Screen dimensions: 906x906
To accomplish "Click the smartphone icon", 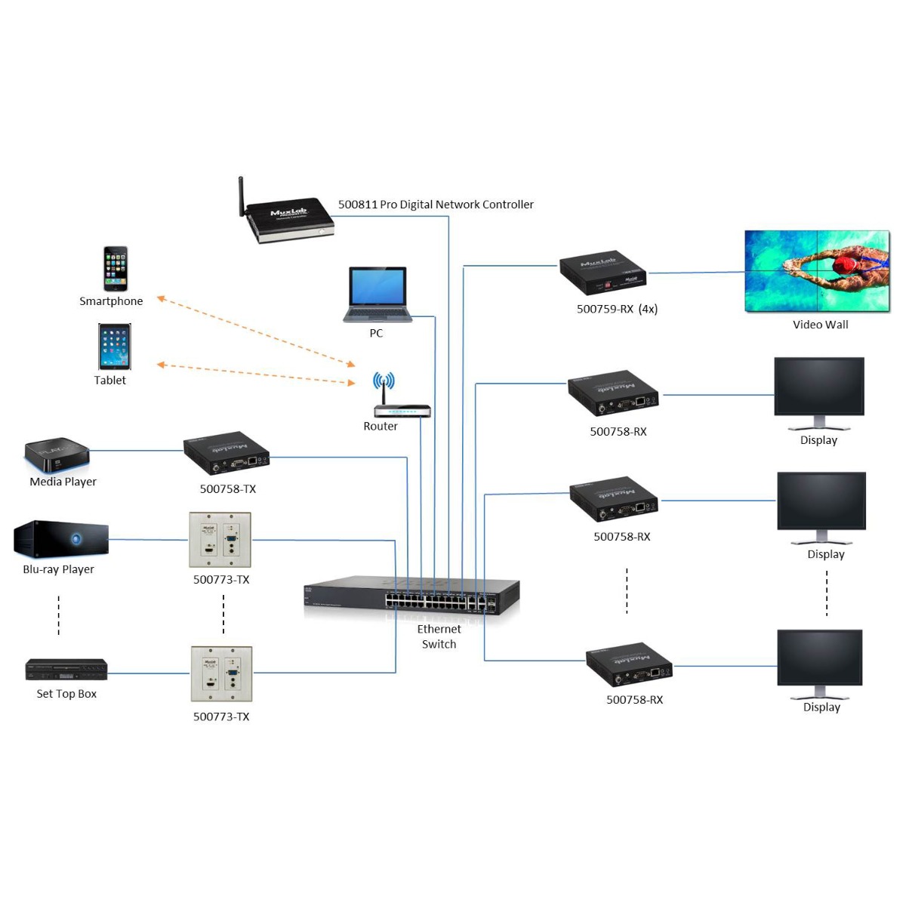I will pyautogui.click(x=116, y=269).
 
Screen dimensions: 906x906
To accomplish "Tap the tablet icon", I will pyautogui.click(x=115, y=347).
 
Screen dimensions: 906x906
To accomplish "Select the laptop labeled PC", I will pyautogui.click(x=377, y=294).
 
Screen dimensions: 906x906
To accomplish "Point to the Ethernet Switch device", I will pyautogui.click(x=412, y=596).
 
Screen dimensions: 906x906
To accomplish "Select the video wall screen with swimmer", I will pyautogui.click(x=817, y=270).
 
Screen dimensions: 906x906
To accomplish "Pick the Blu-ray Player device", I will pyautogui.click(x=61, y=540).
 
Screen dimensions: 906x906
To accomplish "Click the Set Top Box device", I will pyautogui.click(x=66, y=670).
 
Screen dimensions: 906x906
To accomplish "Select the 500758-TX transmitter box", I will pyautogui.click(x=226, y=453).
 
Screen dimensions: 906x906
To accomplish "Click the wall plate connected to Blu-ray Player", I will pyautogui.click(x=220, y=540).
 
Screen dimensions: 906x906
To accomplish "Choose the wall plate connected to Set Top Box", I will pyautogui.click(x=221, y=673).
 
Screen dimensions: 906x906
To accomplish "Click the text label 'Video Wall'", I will pyautogui.click(x=820, y=325).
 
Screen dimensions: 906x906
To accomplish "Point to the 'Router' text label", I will pyautogui.click(x=381, y=427).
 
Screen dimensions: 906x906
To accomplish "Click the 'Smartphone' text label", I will pyautogui.click(x=111, y=301).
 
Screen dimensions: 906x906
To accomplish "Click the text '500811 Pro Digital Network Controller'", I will pyautogui.click(x=436, y=205).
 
